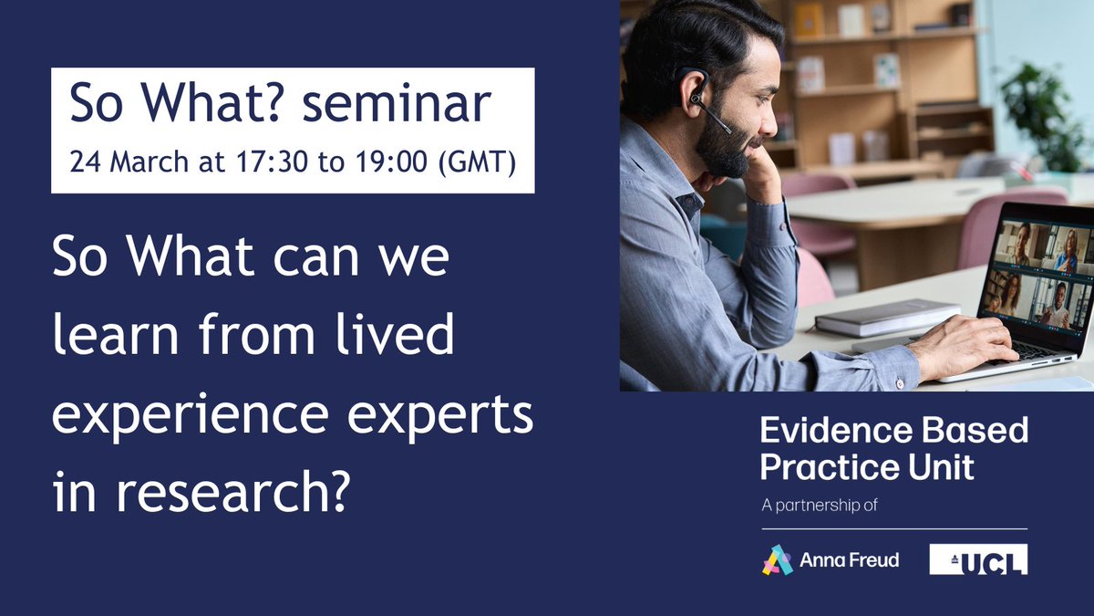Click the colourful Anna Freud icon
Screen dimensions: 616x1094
coord(777,559)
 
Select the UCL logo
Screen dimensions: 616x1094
coord(978,559)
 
